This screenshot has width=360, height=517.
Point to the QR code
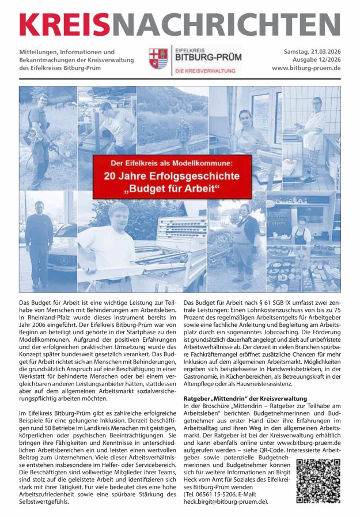[317, 481]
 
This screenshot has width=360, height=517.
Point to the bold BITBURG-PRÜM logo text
[208, 58]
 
